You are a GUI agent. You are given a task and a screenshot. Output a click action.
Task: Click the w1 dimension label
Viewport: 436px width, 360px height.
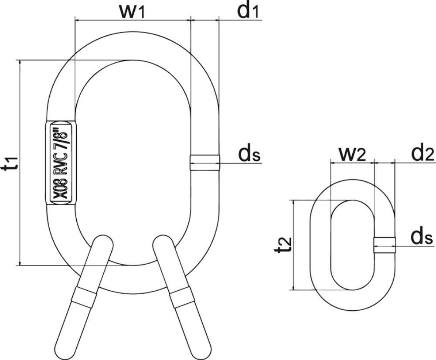click(132, 11)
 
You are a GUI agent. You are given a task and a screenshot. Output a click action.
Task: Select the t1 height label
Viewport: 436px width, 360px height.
click(12, 163)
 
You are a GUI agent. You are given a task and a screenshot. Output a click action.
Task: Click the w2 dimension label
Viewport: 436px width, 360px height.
click(352, 154)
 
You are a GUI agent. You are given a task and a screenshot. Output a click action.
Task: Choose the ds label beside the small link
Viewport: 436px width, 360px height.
click(422, 237)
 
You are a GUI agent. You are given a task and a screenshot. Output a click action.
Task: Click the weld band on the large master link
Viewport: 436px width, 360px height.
click(205, 162)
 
